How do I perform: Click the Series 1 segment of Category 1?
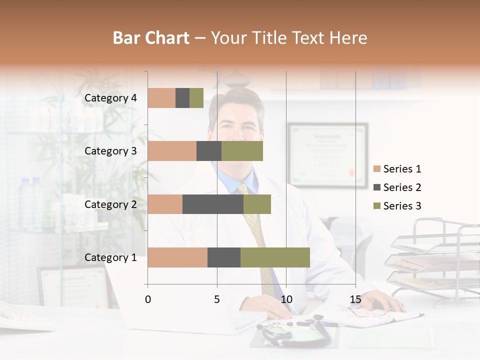(x=177, y=257)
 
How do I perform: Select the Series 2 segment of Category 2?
(x=213, y=204)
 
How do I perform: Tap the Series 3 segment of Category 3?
(x=242, y=151)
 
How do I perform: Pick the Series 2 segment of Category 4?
(x=182, y=98)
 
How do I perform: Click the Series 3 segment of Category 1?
(x=275, y=257)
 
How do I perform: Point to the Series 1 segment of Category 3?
(x=172, y=151)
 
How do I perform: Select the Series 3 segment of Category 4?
(x=196, y=98)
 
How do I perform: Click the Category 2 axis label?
(x=110, y=204)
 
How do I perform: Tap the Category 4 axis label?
(x=110, y=98)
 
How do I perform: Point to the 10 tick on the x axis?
(x=286, y=299)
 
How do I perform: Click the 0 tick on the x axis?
(x=147, y=299)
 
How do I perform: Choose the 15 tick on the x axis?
(x=355, y=299)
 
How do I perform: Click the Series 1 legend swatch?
(x=376, y=169)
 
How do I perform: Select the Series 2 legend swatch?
(x=376, y=187)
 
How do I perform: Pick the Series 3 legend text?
(x=402, y=206)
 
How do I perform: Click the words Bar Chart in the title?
(x=151, y=38)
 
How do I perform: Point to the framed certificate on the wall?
(x=327, y=155)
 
